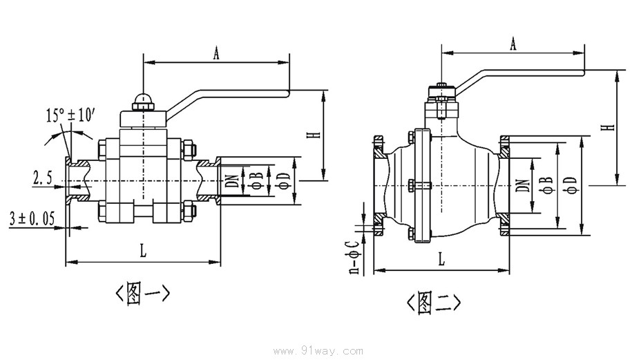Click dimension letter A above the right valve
pos(513,45)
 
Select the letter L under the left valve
pos(144,253)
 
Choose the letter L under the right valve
pos(441,260)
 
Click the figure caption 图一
pos(142,294)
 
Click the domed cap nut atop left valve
pos(142,101)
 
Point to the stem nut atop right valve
pos(440,91)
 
